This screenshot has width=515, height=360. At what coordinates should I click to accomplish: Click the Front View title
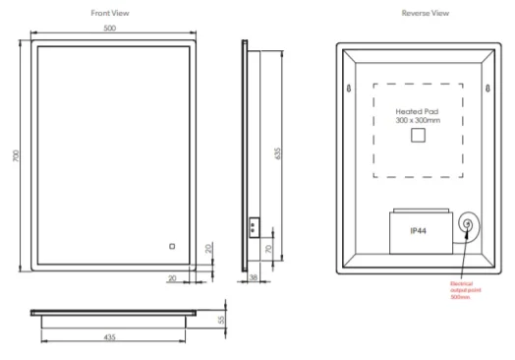[109, 13]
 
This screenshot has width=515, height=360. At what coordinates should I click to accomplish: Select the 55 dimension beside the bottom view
[222, 321]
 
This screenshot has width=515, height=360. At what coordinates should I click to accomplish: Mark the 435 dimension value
[110, 337]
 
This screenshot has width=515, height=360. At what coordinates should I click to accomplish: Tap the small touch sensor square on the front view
[170, 246]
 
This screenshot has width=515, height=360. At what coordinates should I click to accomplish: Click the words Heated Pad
[417, 111]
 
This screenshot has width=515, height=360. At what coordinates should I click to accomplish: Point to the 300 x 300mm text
[417, 121]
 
